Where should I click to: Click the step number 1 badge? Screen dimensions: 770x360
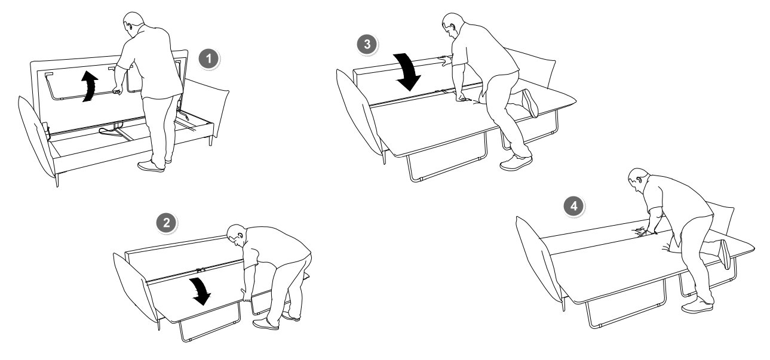click(209, 59)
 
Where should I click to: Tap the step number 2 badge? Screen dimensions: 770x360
click(167, 223)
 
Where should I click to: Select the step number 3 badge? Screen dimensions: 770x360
click(367, 44)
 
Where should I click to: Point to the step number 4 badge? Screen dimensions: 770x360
click(573, 207)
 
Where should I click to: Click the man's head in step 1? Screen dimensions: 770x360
click(133, 24)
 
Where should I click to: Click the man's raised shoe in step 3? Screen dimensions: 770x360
click(530, 103)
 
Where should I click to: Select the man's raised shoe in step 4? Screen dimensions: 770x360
click(725, 254)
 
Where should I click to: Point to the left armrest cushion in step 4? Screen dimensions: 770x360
click(538, 261)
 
